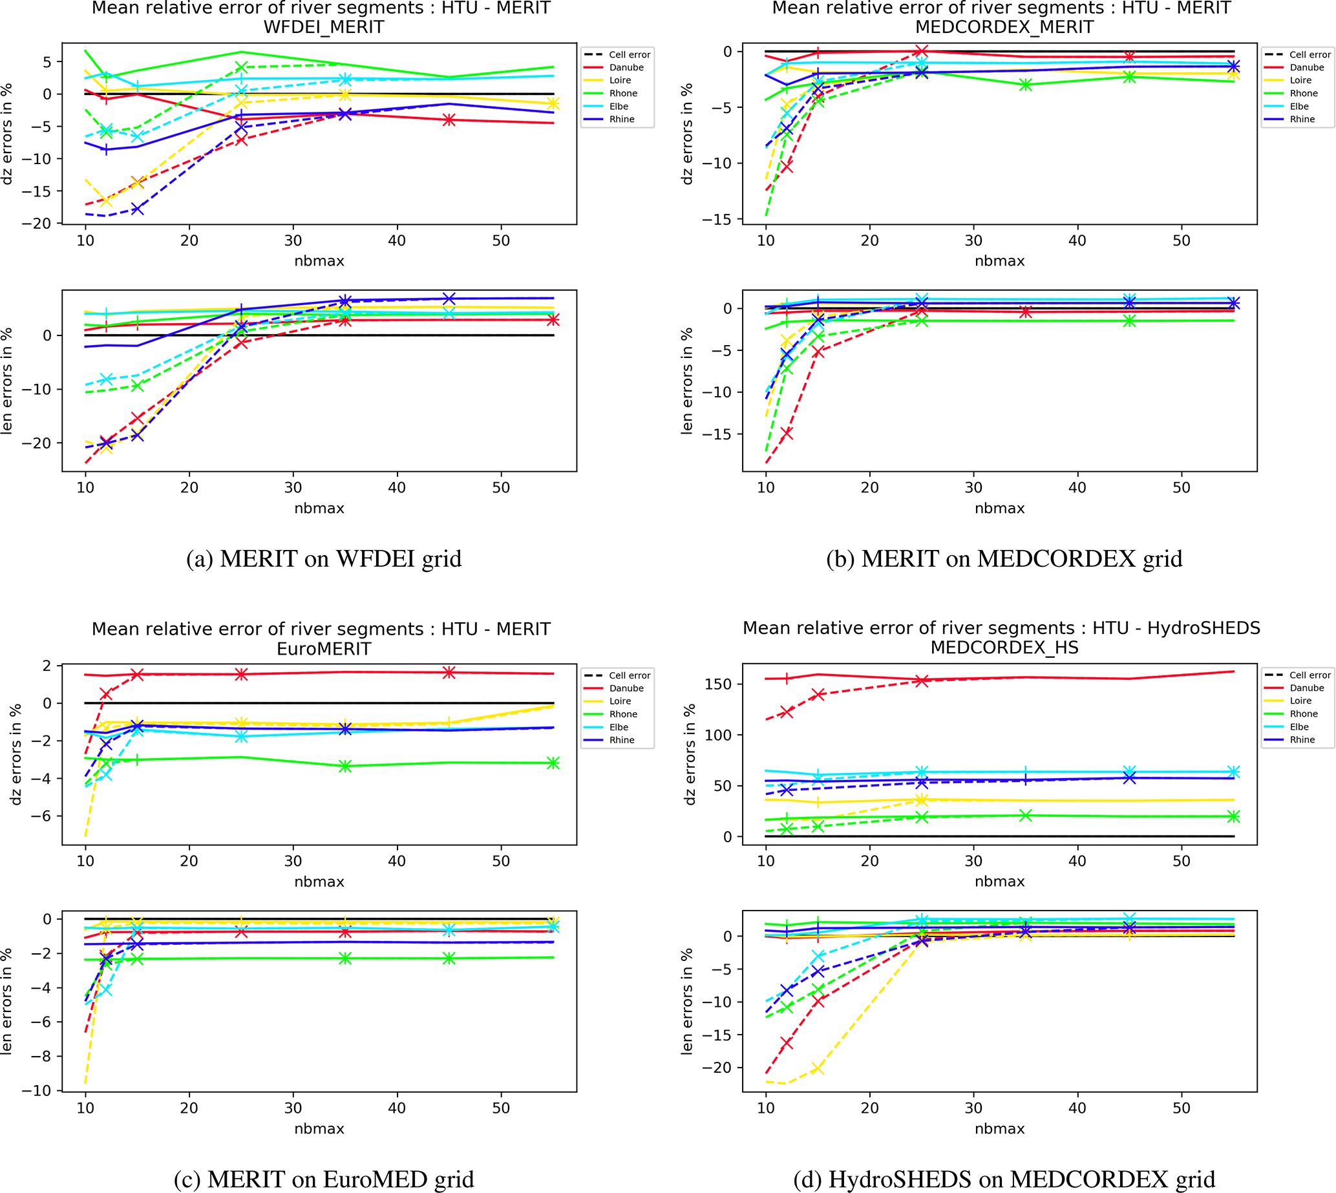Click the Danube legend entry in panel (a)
[x=626, y=67]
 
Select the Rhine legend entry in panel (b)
[x=1302, y=120]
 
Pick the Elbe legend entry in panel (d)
[x=1299, y=727]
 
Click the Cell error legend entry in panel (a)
[x=630, y=54]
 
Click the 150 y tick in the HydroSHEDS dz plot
[x=718, y=684]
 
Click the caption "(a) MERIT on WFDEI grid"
[x=324, y=558]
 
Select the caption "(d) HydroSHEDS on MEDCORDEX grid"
[x=1004, y=1179]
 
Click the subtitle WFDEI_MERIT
[x=324, y=27]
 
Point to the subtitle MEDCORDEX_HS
[x=1004, y=648]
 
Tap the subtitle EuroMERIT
[x=324, y=649]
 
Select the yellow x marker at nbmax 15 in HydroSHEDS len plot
[x=818, y=1068]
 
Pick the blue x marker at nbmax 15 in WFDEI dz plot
[x=137, y=209]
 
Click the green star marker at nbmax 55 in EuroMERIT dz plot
[x=553, y=763]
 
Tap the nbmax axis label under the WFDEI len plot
[x=319, y=508]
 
